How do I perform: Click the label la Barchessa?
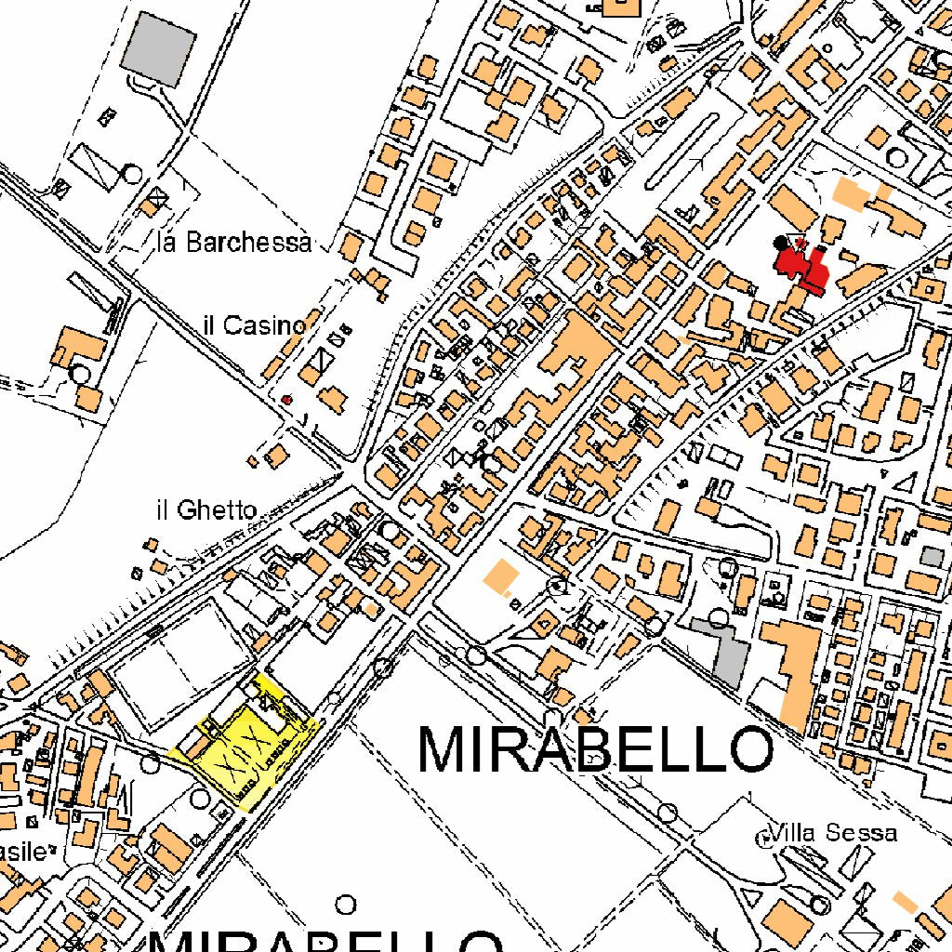tap(234, 244)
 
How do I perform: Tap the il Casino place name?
tap(254, 325)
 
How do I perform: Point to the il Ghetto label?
tap(206, 509)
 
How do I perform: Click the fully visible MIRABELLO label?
tap(595, 749)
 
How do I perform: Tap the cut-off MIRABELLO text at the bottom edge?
tap(325, 939)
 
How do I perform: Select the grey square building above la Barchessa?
tap(159, 49)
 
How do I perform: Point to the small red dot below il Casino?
tap(287, 399)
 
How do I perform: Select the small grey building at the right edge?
tap(932, 557)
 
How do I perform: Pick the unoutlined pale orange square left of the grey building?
tap(500, 577)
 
